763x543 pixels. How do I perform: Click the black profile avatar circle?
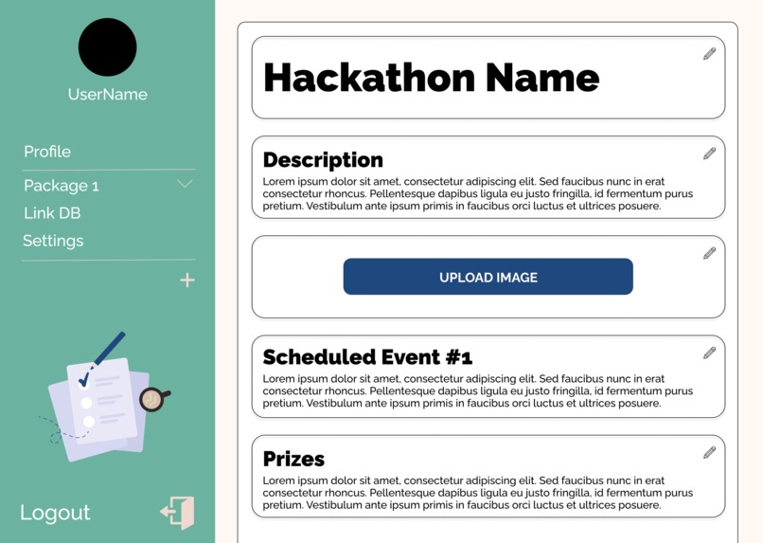coord(107,47)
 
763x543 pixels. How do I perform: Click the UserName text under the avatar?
coord(107,95)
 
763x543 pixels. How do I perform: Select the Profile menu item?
coord(47,152)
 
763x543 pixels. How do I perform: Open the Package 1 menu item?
coord(62,186)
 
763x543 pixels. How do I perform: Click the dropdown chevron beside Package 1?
coord(185,184)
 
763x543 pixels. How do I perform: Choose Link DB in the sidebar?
coord(52,213)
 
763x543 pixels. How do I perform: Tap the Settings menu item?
coord(53,241)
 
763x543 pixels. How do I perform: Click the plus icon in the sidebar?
coord(187,280)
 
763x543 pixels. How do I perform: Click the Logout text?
coord(55,513)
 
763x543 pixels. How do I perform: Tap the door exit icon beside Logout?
coord(178,513)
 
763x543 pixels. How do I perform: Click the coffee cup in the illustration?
coord(152,399)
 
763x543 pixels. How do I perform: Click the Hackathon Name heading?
coord(431,78)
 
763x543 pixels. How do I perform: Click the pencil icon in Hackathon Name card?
coord(709,54)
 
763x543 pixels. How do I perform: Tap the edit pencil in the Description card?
coord(709,154)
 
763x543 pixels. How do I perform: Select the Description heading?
coord(323,160)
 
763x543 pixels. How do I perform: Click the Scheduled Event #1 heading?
coord(367,357)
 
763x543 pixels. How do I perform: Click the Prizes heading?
coord(293,459)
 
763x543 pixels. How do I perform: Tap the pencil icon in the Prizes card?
coord(709,453)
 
